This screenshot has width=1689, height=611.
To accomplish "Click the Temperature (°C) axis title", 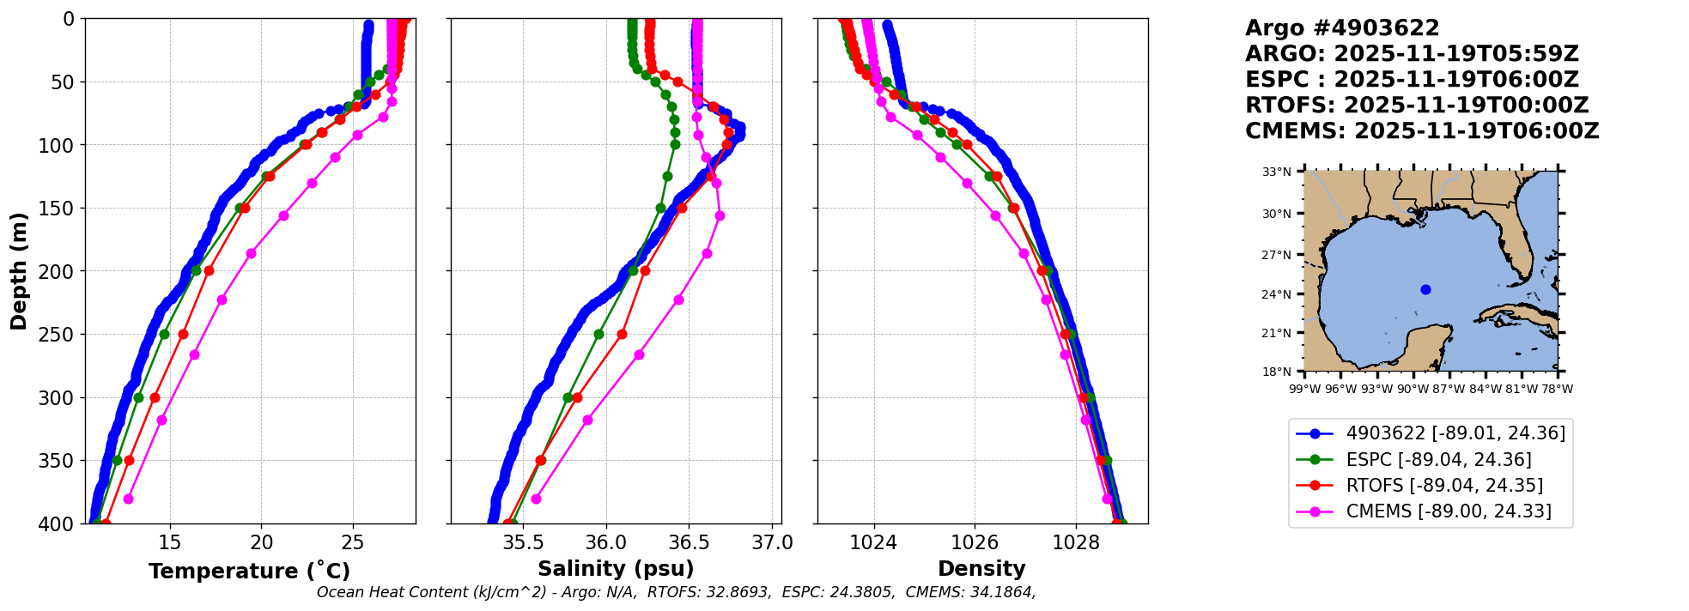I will [x=249, y=572].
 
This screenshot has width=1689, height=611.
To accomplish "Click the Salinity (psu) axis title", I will [x=616, y=569].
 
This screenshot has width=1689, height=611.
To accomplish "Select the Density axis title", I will [x=981, y=569].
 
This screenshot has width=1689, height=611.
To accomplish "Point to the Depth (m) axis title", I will [x=19, y=271].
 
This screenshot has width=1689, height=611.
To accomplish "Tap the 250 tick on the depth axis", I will [x=62, y=335].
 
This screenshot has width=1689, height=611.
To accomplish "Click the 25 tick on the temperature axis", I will [x=353, y=542].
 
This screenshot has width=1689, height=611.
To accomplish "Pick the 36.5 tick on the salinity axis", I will [x=689, y=542].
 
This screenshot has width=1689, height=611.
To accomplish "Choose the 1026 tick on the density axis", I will [x=975, y=542].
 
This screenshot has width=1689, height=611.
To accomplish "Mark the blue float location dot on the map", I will [x=1426, y=289].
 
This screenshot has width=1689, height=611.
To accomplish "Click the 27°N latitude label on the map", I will [x=1277, y=255].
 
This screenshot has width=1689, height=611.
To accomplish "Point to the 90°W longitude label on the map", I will [x=1413, y=389].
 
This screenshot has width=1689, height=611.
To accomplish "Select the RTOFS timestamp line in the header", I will [x=1417, y=106].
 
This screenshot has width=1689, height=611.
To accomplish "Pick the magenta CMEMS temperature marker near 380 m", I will [x=128, y=499].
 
